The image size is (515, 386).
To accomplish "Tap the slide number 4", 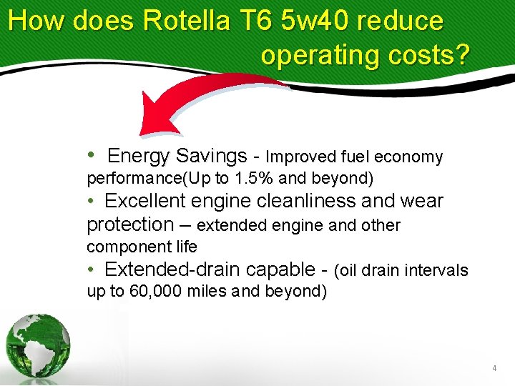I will click(x=494, y=368).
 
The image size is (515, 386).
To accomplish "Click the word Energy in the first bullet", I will click(x=138, y=156).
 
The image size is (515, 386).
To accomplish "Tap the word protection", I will click(x=129, y=224).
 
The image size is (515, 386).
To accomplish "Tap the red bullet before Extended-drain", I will click(x=91, y=269).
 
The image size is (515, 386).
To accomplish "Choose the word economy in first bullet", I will click(x=408, y=157).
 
